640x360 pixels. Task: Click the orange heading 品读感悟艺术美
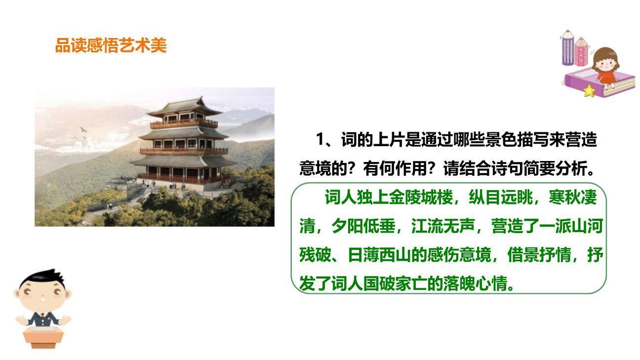coord(111,46)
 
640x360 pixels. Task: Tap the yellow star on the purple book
coord(589,91)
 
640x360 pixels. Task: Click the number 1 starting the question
coord(320,140)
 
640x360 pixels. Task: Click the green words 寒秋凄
coord(572,198)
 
